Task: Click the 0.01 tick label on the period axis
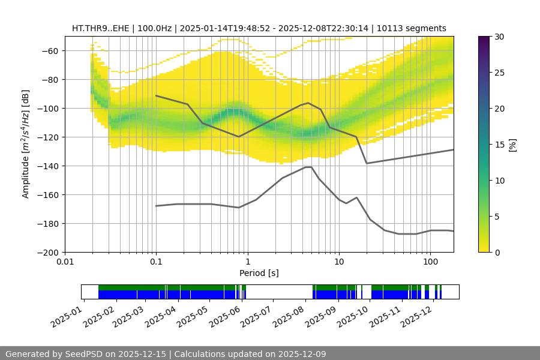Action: coord(65,262)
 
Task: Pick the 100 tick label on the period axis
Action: coord(430,262)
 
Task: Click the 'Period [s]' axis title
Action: coord(259,273)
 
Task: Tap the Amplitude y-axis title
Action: coord(25,144)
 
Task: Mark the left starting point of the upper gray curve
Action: coord(156,95)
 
